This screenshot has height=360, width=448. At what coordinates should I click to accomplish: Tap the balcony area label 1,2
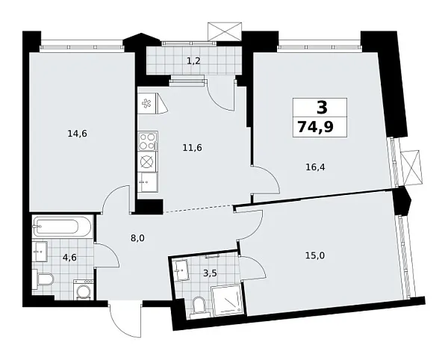tap(193, 61)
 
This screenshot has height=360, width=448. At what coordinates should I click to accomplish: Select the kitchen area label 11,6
tap(193, 147)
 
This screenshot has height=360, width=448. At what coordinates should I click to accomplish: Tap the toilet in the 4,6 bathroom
tap(43, 281)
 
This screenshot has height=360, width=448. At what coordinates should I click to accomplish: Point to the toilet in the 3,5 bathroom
tap(199, 305)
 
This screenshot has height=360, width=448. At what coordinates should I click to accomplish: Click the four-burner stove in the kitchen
tap(147, 140)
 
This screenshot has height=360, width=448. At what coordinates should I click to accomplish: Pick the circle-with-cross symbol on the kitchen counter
tap(147, 161)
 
